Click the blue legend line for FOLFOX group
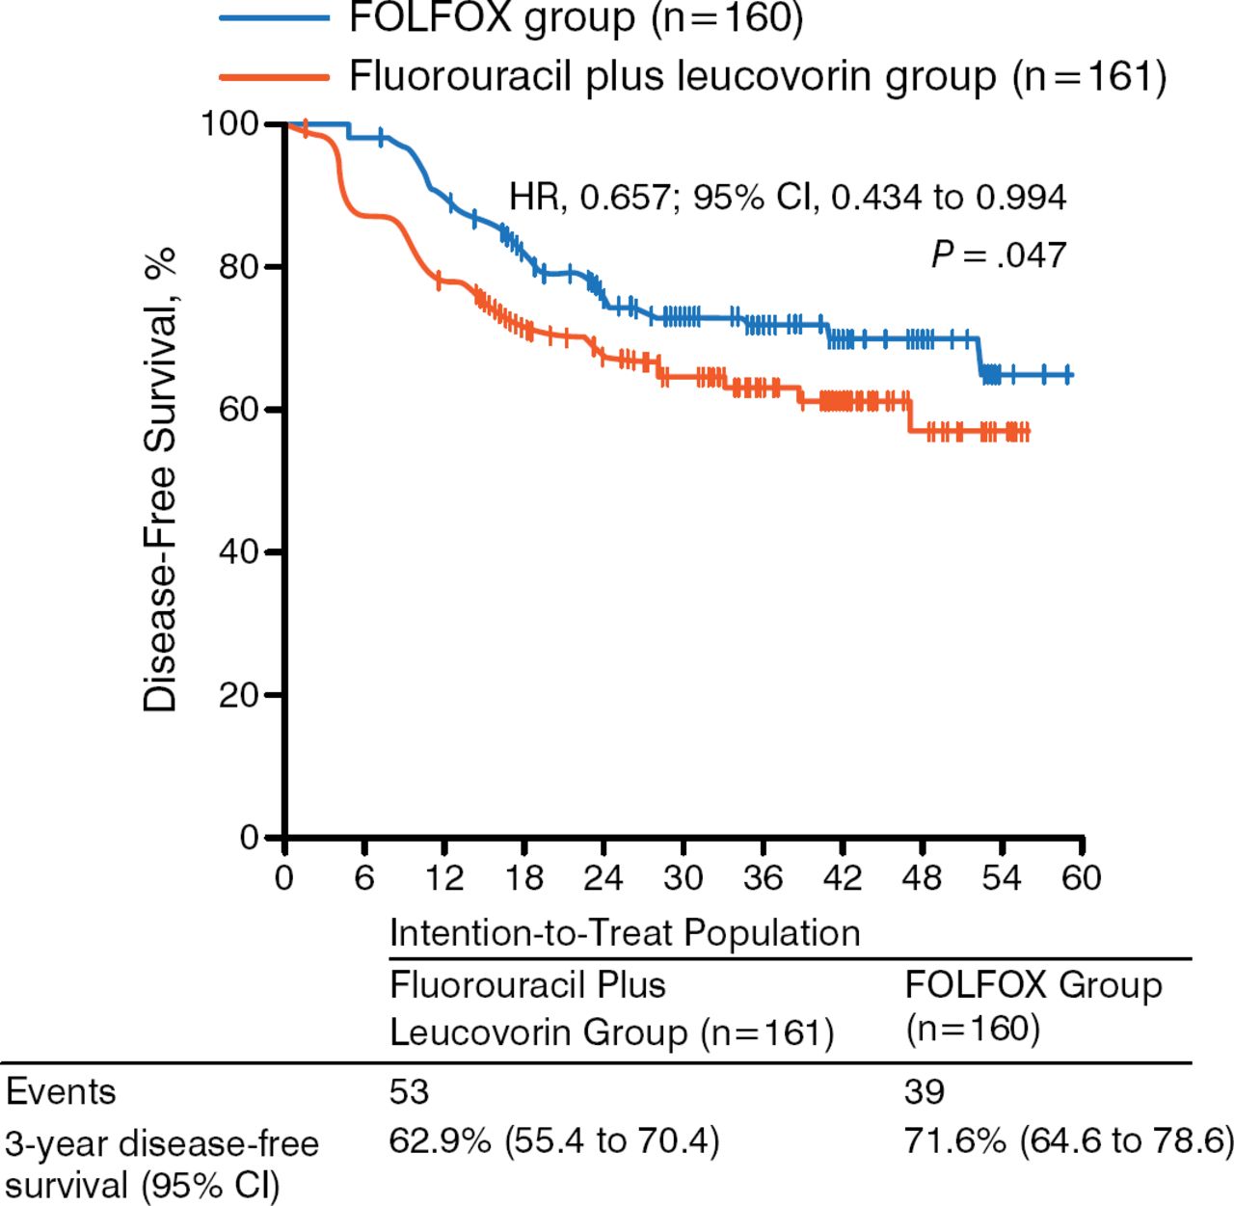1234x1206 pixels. pos(274,17)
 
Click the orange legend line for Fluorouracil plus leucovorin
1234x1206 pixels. pos(274,76)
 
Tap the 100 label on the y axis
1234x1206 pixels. pos(229,124)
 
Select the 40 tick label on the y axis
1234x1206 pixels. pos(240,552)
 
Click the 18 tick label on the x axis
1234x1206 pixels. pos(523,878)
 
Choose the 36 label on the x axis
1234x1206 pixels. pos(763,878)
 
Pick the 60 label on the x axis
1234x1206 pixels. pos(1081,878)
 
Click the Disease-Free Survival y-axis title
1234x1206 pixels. pos(161,479)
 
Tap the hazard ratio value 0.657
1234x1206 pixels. pos(624,198)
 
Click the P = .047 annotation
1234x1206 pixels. pos(999,255)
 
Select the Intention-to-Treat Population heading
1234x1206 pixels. pos(625,933)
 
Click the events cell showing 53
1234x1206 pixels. pos(409,1091)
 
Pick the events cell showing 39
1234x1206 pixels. pos(924,1091)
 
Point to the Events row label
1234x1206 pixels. pos(61,1092)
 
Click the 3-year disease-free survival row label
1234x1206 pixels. pos(161,1164)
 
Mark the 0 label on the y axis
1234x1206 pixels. pos(250,838)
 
